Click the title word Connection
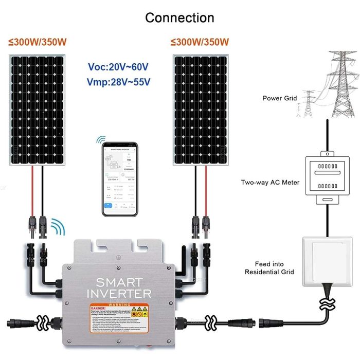(179, 17)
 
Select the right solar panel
(201, 110)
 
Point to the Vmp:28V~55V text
(118, 82)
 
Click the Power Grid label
(280, 98)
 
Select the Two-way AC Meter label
(270, 182)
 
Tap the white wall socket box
(326, 260)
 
